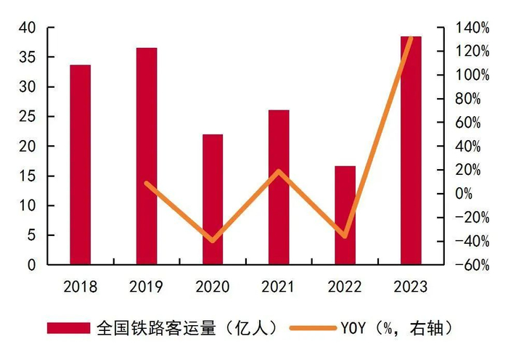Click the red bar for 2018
click(x=81, y=165)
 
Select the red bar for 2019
click(x=147, y=156)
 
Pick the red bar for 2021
click(x=279, y=187)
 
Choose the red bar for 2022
click(x=345, y=216)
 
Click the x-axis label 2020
click(x=213, y=287)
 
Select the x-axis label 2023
click(x=411, y=287)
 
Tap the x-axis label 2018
click(x=81, y=287)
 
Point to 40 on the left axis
click(x=28, y=28)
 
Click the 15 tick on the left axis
click(x=28, y=176)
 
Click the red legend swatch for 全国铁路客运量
click(x=68, y=328)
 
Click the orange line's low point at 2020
click(x=213, y=240)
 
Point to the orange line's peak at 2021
click(x=279, y=171)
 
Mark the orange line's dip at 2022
click(x=345, y=237)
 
